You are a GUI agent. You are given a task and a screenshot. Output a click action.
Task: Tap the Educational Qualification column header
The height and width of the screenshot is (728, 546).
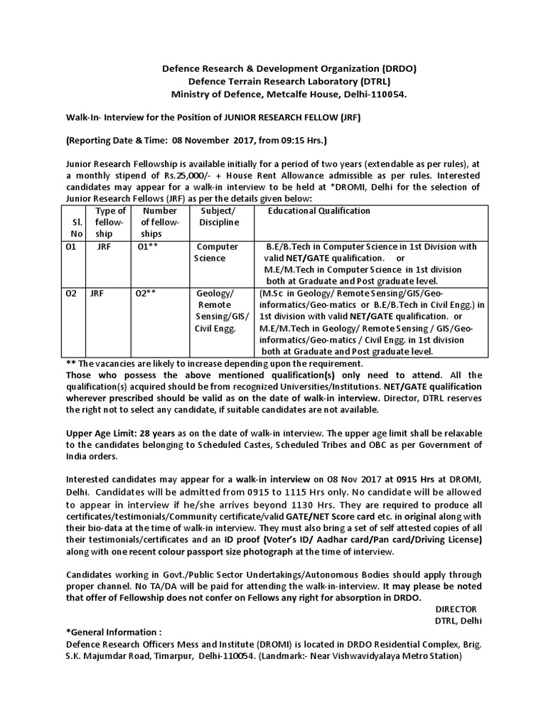(318, 211)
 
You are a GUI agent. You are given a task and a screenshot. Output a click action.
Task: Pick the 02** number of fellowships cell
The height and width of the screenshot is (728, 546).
(146, 293)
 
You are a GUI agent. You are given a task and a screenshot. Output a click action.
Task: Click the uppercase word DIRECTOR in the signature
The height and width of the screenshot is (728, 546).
(456, 609)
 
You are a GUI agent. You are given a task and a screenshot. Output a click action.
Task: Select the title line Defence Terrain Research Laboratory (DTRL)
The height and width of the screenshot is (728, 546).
(287, 81)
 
